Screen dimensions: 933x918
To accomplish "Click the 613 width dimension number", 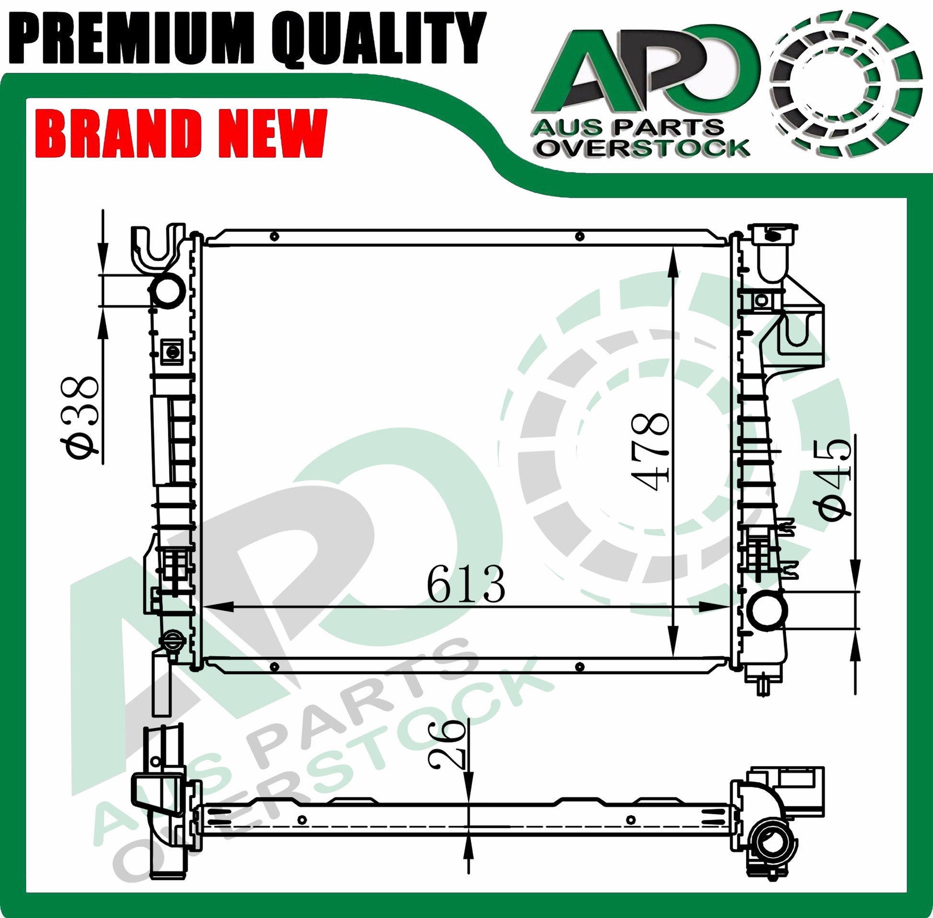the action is (x=466, y=585).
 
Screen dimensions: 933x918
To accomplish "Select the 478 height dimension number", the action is (x=650, y=452).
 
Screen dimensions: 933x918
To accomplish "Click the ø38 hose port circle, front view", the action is (x=169, y=290).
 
